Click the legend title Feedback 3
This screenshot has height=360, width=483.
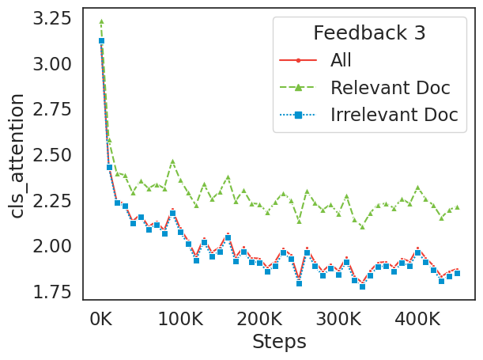point(369,33)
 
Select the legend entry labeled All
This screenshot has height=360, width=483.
point(341,60)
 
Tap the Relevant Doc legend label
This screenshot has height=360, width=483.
point(384,87)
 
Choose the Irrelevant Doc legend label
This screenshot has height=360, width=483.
point(394,114)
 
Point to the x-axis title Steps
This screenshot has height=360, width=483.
point(279,342)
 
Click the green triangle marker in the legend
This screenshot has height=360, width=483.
point(299,87)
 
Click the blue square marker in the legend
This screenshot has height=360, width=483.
point(299,115)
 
